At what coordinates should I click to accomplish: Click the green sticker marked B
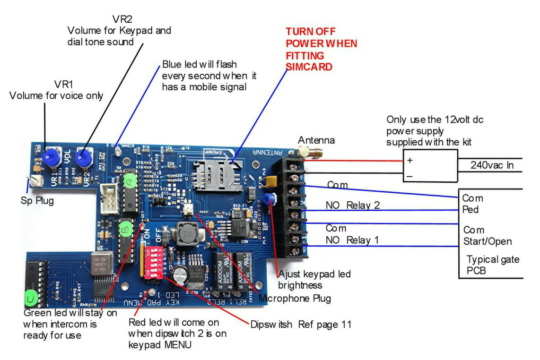126,230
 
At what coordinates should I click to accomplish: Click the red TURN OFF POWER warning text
321,49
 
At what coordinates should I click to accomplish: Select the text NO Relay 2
353,206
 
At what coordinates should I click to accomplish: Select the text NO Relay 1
353,240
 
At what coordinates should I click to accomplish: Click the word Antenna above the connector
316,140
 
